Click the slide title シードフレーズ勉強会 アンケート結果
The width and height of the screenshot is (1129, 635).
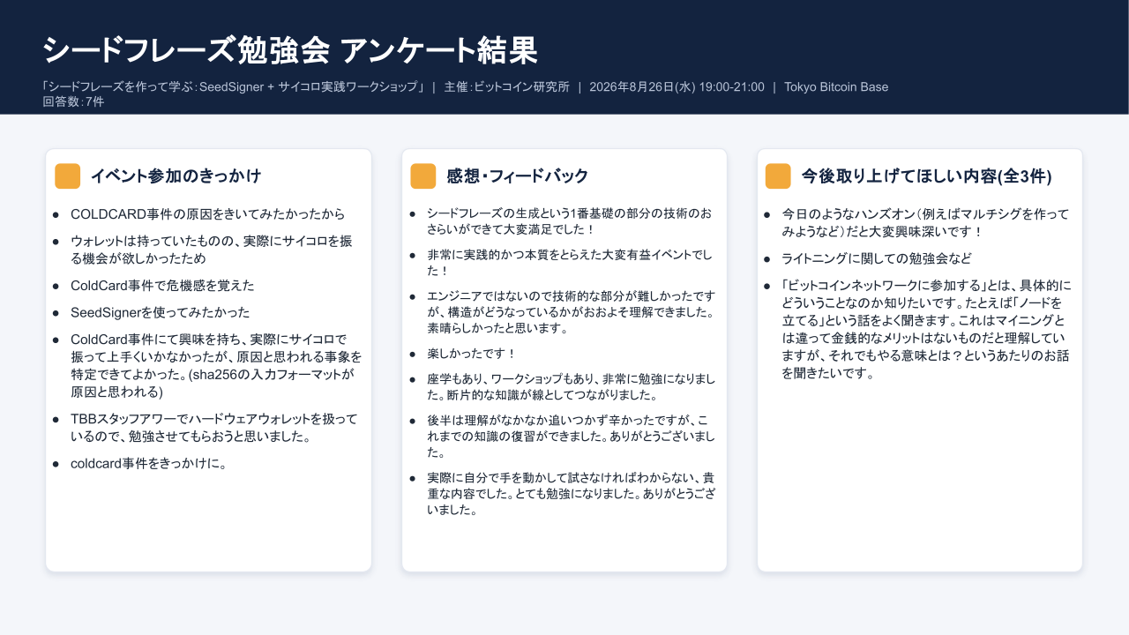pyautogui.click(x=290, y=50)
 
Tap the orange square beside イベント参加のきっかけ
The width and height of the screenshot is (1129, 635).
pyautogui.click(x=68, y=176)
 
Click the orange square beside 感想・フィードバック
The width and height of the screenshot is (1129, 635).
pyautogui.click(x=423, y=176)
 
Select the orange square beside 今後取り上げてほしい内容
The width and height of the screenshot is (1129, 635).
pyautogui.click(x=778, y=176)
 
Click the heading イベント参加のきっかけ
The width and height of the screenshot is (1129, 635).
pyautogui.click(x=176, y=176)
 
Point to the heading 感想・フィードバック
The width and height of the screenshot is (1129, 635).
pyautogui.click(x=518, y=176)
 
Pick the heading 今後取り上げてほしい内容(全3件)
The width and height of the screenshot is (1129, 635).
pyautogui.click(x=927, y=176)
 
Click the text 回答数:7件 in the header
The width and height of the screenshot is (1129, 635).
pyautogui.click(x=73, y=101)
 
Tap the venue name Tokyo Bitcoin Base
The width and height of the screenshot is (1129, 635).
pyautogui.click(x=836, y=86)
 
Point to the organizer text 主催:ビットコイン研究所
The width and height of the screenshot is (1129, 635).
pyautogui.click(x=506, y=86)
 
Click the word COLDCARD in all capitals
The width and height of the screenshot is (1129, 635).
pyautogui.click(x=108, y=214)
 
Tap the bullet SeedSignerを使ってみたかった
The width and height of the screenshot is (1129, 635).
pyautogui.click(x=161, y=312)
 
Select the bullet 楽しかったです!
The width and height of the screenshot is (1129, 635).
pyautogui.click(x=471, y=354)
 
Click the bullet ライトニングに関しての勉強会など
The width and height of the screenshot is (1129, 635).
pyautogui.click(x=877, y=258)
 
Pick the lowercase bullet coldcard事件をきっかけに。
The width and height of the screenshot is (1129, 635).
pyautogui.click(x=148, y=463)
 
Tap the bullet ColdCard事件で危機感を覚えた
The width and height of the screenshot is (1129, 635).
pyautogui.click(x=162, y=285)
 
